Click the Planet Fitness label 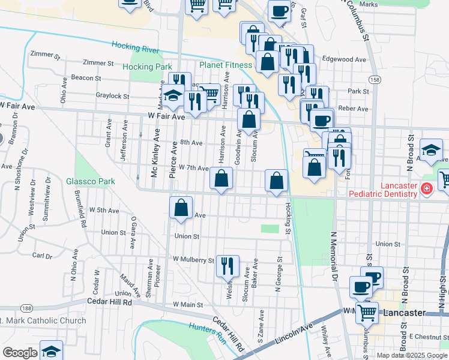[227, 65]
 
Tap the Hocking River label [136, 48]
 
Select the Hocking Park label [147, 67]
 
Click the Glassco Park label [90, 181]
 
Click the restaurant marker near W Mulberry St [228, 266]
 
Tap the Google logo [19, 352]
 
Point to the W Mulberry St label [193, 260]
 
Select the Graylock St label [112, 95]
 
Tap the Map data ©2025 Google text [411, 355]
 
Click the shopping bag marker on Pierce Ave [181, 208]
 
